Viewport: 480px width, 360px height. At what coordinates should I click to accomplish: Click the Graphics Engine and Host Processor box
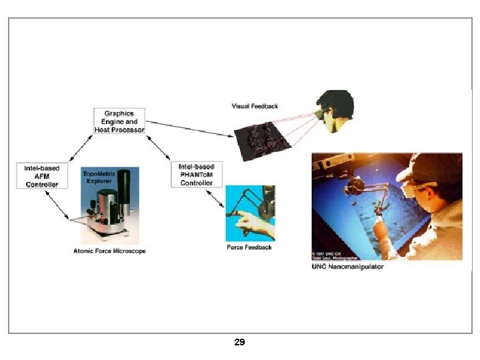[x=119, y=121]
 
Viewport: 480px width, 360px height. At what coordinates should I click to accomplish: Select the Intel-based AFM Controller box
[x=42, y=175]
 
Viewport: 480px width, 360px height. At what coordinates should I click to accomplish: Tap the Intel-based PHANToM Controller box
[x=196, y=174]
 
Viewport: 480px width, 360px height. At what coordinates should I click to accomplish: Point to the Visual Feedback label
[x=255, y=106]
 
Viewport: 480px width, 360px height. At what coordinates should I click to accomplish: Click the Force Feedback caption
[x=249, y=247]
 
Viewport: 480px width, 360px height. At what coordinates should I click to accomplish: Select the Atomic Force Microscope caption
[x=109, y=251]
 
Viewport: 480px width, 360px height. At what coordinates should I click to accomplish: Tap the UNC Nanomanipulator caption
[x=347, y=267]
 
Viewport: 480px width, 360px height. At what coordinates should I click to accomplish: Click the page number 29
[x=240, y=342]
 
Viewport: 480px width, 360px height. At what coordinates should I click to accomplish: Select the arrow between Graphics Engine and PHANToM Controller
[x=159, y=149]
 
